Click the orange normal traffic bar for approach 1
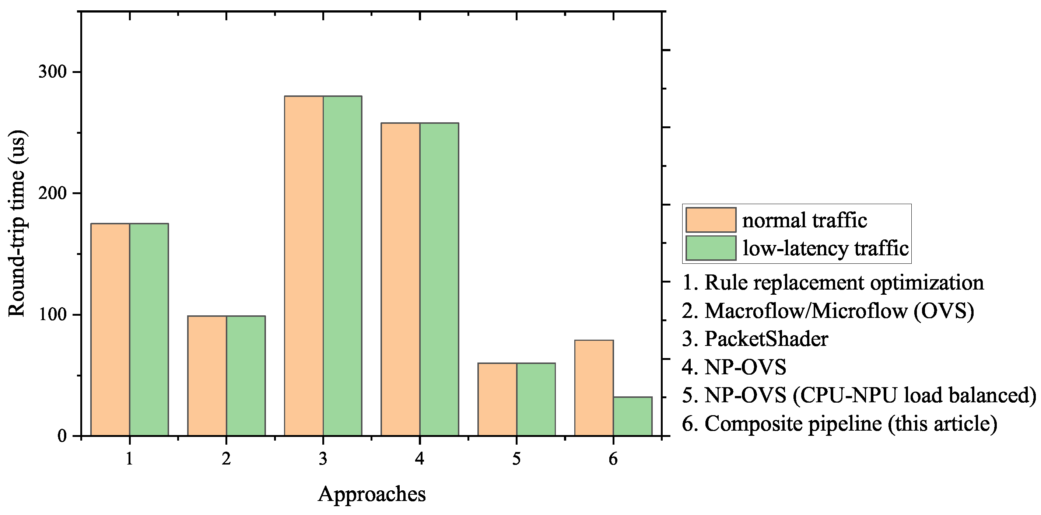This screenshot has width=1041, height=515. click(110, 329)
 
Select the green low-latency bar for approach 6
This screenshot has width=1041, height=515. click(632, 416)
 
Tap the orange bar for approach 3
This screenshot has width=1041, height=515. click(304, 266)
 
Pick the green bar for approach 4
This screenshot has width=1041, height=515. click(439, 279)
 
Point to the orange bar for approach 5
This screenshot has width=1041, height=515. click(497, 399)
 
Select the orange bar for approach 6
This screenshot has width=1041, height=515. click(594, 388)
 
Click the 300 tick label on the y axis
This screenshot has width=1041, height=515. click(52, 72)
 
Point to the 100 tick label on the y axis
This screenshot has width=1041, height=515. click(52, 315)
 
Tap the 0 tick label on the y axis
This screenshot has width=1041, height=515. click(62, 436)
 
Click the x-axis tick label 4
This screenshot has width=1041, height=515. click(420, 459)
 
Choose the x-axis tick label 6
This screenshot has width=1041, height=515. click(613, 459)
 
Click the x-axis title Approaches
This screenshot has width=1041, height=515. click(371, 494)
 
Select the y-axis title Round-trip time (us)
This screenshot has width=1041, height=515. click(17, 223)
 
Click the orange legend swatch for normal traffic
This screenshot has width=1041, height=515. click(711, 220)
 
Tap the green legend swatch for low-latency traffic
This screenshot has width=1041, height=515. click(711, 248)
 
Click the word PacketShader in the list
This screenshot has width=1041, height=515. click(766, 339)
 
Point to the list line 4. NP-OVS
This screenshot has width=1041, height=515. click(734, 367)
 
